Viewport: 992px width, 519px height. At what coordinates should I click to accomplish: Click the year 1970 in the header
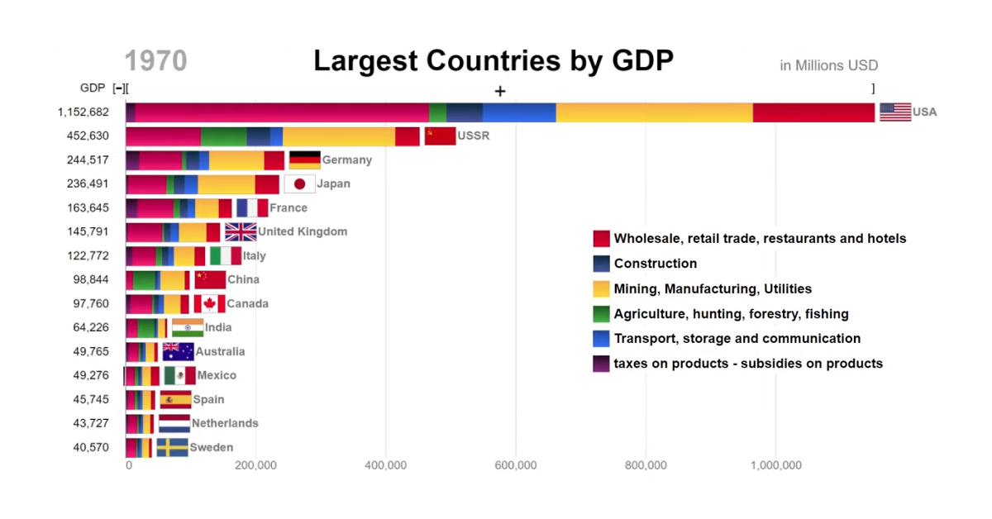pos(155,61)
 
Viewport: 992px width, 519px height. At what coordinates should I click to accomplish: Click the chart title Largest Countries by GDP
pos(494,61)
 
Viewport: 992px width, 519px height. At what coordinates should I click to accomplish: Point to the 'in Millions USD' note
pos(828,65)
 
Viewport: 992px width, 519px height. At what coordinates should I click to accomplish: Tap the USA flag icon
pos(895,112)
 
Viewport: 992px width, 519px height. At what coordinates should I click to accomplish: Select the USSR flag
pos(440,136)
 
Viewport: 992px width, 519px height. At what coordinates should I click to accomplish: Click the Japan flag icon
pos(299,183)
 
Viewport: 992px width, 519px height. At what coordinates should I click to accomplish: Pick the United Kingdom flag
pos(241,231)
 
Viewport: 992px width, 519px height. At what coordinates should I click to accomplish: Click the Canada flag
pos(209,303)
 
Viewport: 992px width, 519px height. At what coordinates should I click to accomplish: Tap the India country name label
pos(218,327)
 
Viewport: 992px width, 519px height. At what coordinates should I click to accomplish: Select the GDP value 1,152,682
pos(83,112)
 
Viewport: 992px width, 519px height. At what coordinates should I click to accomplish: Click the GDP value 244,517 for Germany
pos(88,160)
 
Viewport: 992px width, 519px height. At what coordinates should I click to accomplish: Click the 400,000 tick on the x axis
pos(385,465)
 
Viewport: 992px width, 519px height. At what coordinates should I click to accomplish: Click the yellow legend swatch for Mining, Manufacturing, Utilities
pos(601,288)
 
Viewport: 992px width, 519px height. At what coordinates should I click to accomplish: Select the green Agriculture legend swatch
pos(601,313)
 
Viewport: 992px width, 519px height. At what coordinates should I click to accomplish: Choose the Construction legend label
pos(655,264)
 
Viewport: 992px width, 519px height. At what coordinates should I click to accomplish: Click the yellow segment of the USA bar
pos(654,112)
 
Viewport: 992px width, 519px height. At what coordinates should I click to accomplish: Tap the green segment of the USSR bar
pos(223,136)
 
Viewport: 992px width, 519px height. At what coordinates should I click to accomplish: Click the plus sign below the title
pos(500,91)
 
